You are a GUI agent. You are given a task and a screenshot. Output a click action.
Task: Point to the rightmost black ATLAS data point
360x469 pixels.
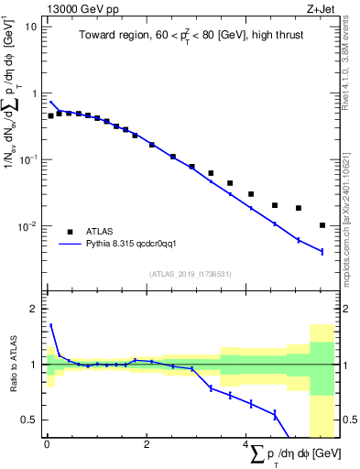click(x=322, y=225)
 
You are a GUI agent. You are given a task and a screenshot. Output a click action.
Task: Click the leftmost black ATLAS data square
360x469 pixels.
click(x=50, y=116)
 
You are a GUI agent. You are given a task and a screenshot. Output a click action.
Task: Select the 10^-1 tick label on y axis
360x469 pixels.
click(x=27, y=159)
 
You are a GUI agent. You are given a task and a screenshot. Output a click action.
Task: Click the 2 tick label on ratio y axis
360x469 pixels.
click(x=34, y=309)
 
